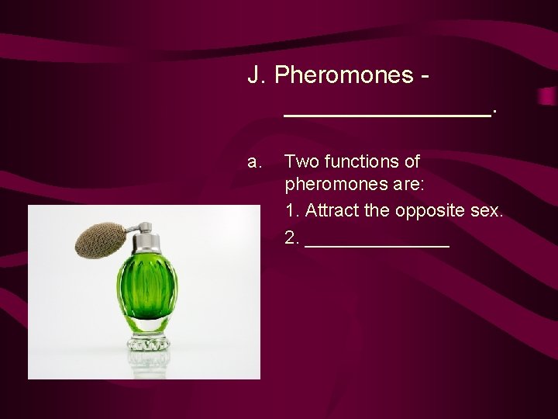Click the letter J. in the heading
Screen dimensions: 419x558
pos(258,76)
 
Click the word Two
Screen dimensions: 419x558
pos(299,161)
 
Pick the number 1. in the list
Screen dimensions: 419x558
pos(293,211)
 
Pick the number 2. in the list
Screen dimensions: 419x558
pos(293,237)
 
